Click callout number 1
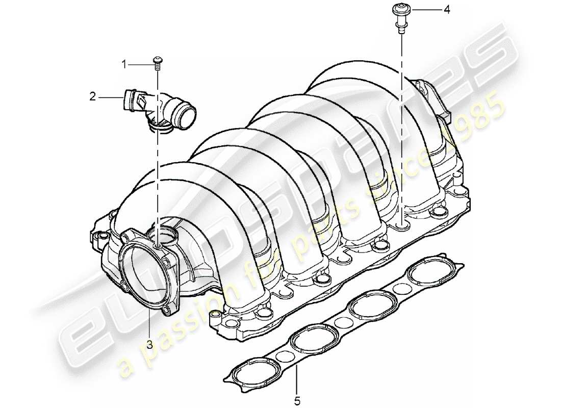(x=123, y=64)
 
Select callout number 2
(x=92, y=96)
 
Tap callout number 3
(x=149, y=345)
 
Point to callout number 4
(x=447, y=10)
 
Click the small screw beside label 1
(x=158, y=62)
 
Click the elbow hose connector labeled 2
(x=158, y=108)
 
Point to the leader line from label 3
(x=149, y=326)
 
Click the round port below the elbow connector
(x=162, y=236)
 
